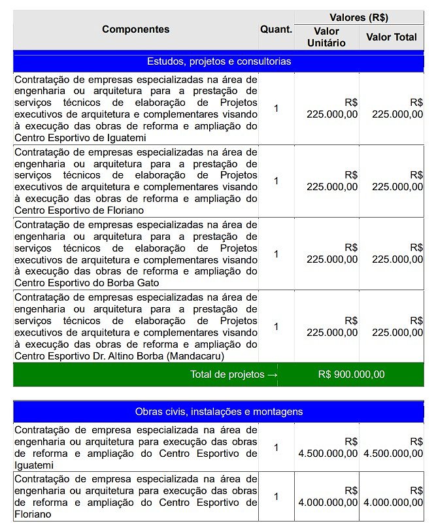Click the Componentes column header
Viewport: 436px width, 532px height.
(135, 29)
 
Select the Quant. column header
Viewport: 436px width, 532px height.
(276, 29)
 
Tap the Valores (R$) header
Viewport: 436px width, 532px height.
(359, 18)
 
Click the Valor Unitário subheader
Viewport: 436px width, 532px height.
(326, 37)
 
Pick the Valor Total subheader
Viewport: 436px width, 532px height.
(391, 37)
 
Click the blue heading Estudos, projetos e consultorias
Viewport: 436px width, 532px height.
(218, 61)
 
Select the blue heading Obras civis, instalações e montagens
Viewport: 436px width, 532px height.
(218, 412)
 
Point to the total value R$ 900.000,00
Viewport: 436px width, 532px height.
(351, 374)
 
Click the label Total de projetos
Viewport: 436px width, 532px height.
(227, 374)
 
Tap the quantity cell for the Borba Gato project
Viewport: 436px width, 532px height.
(276, 254)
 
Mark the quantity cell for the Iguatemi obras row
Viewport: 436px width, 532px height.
(276, 448)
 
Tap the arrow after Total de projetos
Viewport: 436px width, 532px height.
(273, 374)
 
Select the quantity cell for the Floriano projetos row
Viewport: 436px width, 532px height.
(276, 181)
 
